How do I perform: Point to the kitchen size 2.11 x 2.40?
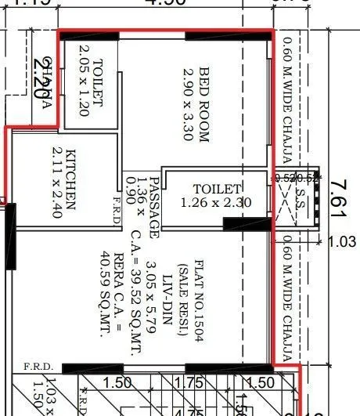56,179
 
